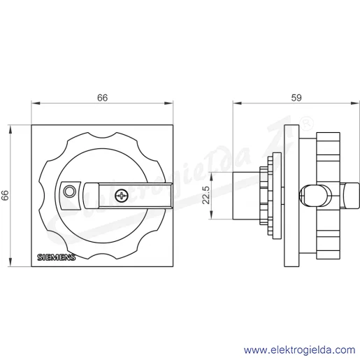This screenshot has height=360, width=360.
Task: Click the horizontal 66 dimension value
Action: click(102, 98)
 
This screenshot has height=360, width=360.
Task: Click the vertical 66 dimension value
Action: click(5, 195)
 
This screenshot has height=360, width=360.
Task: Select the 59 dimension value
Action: click(296, 98)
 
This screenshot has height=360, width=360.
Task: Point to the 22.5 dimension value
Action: click(206, 195)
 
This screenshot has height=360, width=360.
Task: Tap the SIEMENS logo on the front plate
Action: click(57, 257)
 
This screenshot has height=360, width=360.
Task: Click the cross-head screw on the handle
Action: click(122, 196)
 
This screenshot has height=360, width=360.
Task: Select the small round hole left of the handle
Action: click(69, 192)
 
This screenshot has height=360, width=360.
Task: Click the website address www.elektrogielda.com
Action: click(300, 350)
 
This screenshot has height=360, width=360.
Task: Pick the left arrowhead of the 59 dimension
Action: click(237, 103)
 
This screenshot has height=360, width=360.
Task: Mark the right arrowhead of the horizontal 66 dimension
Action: click(168, 103)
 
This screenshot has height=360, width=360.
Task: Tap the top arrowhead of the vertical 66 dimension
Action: click(10, 129)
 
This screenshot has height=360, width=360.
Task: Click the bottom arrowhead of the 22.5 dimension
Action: click(211, 215)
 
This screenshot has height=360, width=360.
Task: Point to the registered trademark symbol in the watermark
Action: click(307, 123)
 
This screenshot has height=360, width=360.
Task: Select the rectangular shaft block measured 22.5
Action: click(247, 196)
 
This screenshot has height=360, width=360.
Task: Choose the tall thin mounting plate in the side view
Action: click(291, 196)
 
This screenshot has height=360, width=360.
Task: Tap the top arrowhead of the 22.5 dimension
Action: click(211, 176)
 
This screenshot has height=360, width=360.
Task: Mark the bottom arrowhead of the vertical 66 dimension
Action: click(10, 262)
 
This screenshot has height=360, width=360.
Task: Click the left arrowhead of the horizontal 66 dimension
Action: click(36, 103)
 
